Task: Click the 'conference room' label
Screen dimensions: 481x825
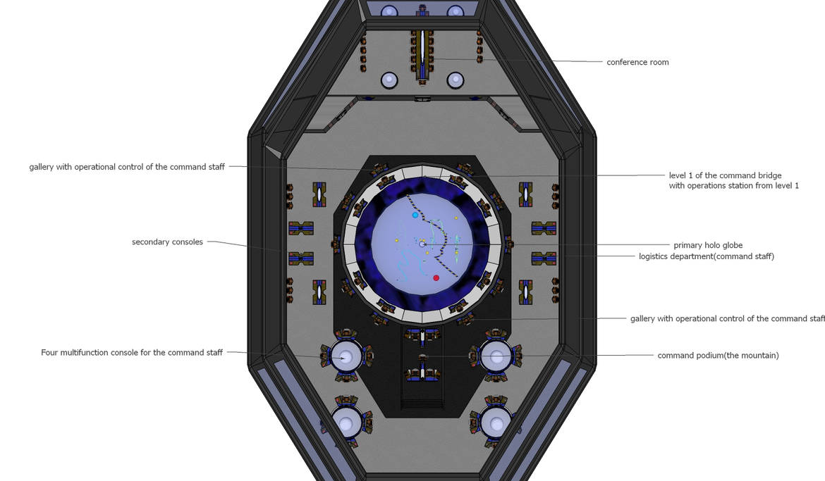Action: pos(637,62)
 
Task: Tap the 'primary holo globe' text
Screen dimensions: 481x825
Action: pos(708,245)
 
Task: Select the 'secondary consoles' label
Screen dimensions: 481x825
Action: pos(167,242)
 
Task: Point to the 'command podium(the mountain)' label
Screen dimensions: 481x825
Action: pos(718,356)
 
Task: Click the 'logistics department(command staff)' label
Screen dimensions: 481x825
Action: pos(706,256)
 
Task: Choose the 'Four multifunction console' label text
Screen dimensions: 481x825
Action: pos(132,352)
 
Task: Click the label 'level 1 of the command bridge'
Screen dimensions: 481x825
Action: pos(725,175)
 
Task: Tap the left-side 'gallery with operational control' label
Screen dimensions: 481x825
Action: pos(127,167)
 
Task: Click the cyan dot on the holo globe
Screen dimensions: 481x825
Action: pos(415,215)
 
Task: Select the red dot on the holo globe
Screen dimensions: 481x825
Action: pos(436,277)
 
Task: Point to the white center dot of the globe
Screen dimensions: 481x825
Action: pos(422,244)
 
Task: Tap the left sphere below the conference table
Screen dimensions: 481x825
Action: pos(389,80)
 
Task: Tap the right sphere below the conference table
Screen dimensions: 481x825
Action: pos(455,80)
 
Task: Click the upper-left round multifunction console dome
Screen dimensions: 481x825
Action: pos(345,356)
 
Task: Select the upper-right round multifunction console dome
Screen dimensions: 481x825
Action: pos(497,356)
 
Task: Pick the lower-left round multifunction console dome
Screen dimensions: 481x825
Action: pos(346,423)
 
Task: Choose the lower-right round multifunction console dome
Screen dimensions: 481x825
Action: pos(497,423)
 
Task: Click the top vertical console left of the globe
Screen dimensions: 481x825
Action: pos(319,194)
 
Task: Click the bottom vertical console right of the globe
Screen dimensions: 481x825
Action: pos(525,292)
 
